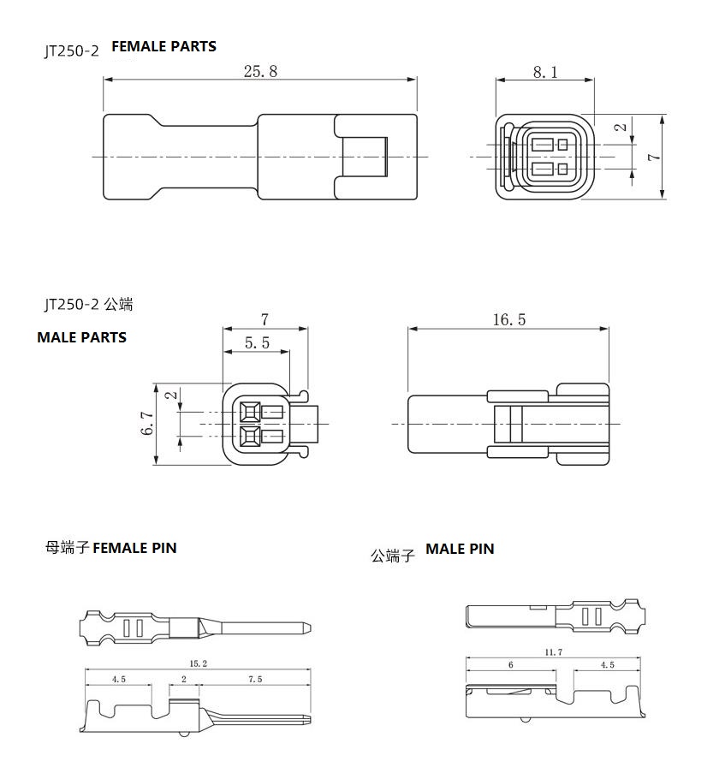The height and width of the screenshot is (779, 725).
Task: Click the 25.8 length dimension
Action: click(x=260, y=72)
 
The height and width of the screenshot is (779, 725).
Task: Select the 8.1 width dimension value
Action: click(x=545, y=73)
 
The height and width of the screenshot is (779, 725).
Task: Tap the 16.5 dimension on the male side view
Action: click(x=508, y=319)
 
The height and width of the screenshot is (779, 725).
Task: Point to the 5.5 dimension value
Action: click(x=257, y=342)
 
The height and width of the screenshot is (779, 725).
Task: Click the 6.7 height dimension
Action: click(x=148, y=423)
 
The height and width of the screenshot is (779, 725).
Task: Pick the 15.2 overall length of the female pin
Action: click(x=198, y=663)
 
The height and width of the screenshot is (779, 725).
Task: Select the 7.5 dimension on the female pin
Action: click(x=255, y=679)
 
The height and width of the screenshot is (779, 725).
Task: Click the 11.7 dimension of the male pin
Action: click(x=553, y=652)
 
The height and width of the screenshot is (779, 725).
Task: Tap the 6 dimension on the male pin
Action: click(x=510, y=665)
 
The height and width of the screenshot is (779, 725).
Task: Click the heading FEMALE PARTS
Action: click(x=164, y=46)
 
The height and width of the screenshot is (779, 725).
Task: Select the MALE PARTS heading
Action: click(x=82, y=337)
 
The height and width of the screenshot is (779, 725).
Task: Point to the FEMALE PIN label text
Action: click(x=134, y=548)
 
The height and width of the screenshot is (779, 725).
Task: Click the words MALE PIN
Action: click(x=461, y=549)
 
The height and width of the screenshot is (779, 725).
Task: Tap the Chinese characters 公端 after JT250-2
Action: click(x=119, y=304)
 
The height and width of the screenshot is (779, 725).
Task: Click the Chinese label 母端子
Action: click(x=67, y=548)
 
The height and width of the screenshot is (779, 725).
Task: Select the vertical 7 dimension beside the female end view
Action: click(x=655, y=157)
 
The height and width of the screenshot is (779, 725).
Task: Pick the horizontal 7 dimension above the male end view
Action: click(x=264, y=319)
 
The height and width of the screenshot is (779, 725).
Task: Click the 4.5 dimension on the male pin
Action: click(x=607, y=665)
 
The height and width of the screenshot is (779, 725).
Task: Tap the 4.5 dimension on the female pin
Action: click(x=118, y=679)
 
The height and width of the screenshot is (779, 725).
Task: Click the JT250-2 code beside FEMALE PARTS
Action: click(x=72, y=51)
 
